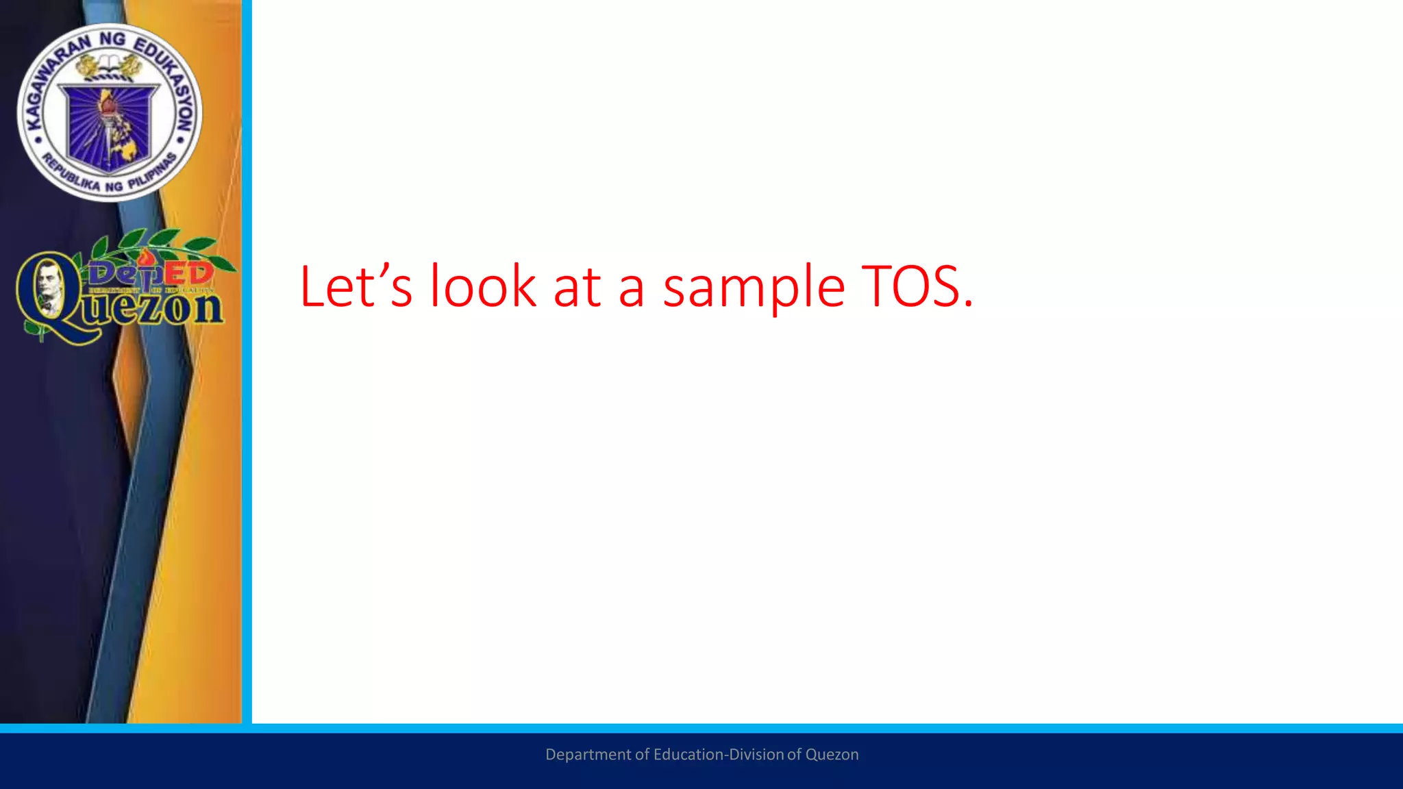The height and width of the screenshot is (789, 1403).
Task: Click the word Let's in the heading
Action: point(356,286)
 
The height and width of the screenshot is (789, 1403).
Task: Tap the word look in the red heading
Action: point(483,286)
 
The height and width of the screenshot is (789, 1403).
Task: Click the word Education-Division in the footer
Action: point(719,754)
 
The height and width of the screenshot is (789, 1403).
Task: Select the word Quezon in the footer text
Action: point(832,755)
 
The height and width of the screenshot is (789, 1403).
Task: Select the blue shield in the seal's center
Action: point(109,127)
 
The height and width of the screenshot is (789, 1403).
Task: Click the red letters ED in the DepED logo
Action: point(188,273)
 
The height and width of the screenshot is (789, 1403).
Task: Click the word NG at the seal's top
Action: point(112,39)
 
